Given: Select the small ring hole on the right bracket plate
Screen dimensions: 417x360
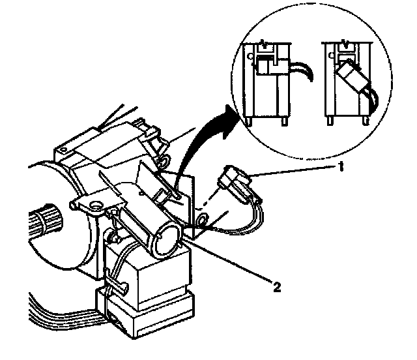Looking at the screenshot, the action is point(203,218).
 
